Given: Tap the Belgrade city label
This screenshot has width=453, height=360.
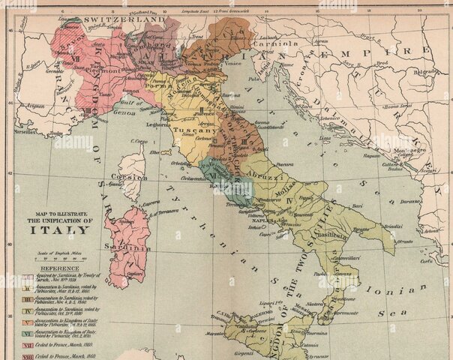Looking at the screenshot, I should (x=425, y=71).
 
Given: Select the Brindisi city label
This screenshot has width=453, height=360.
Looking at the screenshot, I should (x=393, y=225).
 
